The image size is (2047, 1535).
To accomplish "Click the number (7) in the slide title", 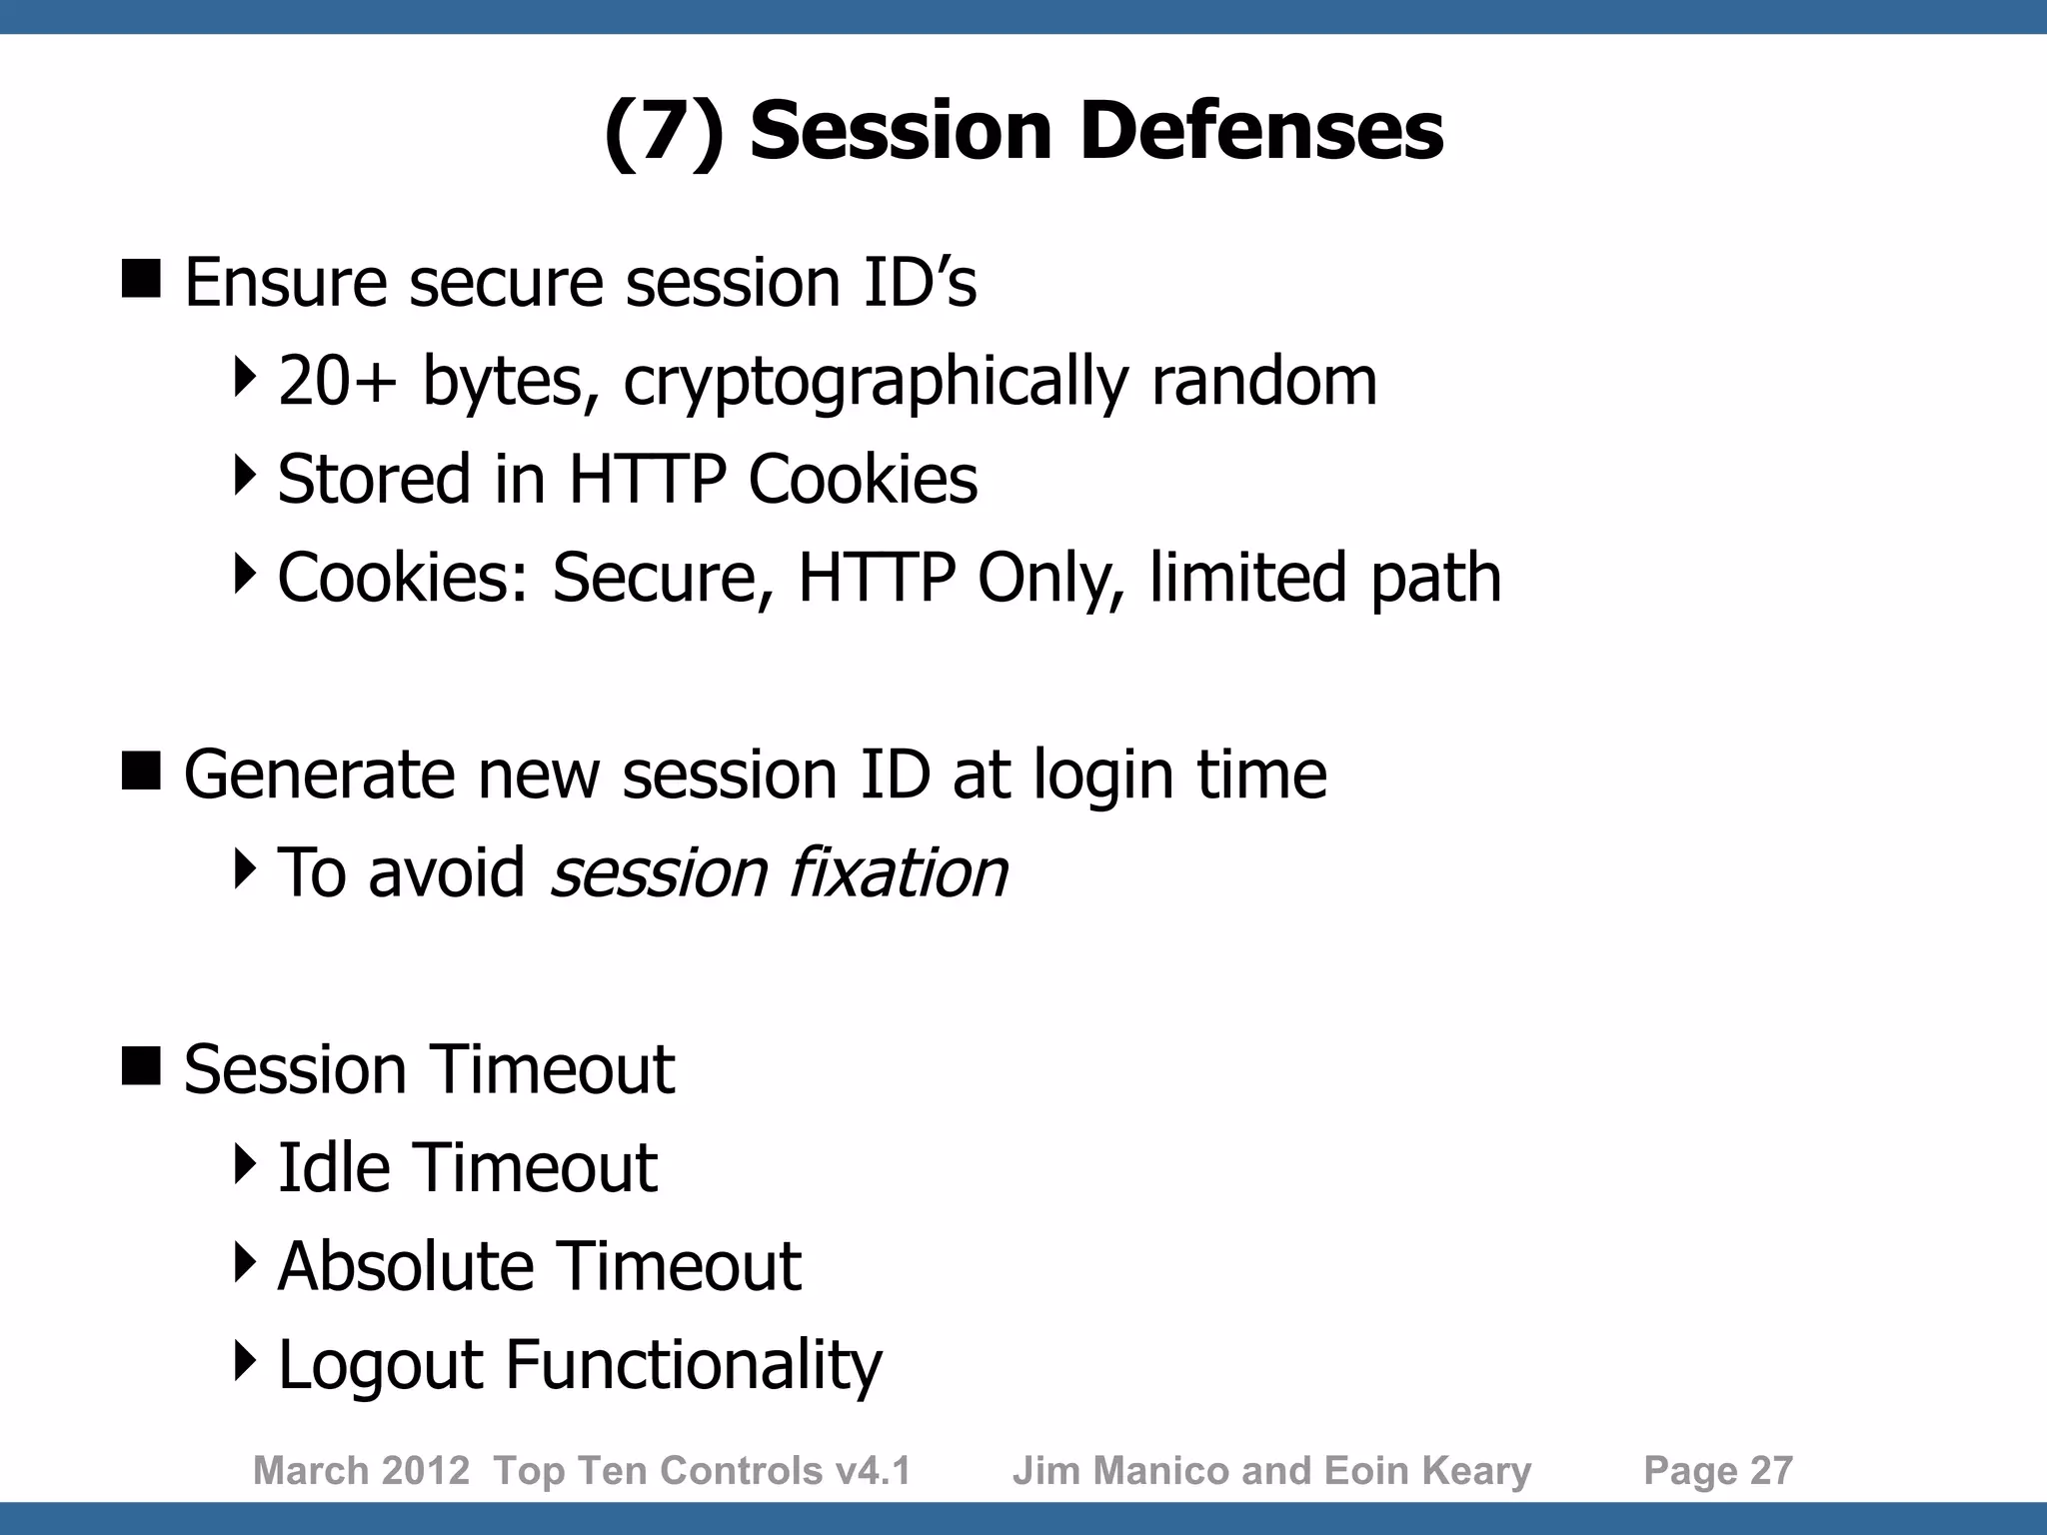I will click(664, 131).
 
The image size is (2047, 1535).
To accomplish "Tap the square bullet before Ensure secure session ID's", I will click(141, 279).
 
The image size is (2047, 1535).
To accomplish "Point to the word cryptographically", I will click(876, 383).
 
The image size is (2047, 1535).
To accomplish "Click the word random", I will click(1263, 381).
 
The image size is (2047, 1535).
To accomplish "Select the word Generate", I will click(319, 774).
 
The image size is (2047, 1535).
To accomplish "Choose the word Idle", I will click(334, 1167).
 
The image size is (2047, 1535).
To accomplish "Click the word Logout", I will click(380, 1365).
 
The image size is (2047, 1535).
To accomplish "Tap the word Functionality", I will click(694, 1365).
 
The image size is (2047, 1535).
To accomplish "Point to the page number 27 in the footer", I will click(1770, 1471).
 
